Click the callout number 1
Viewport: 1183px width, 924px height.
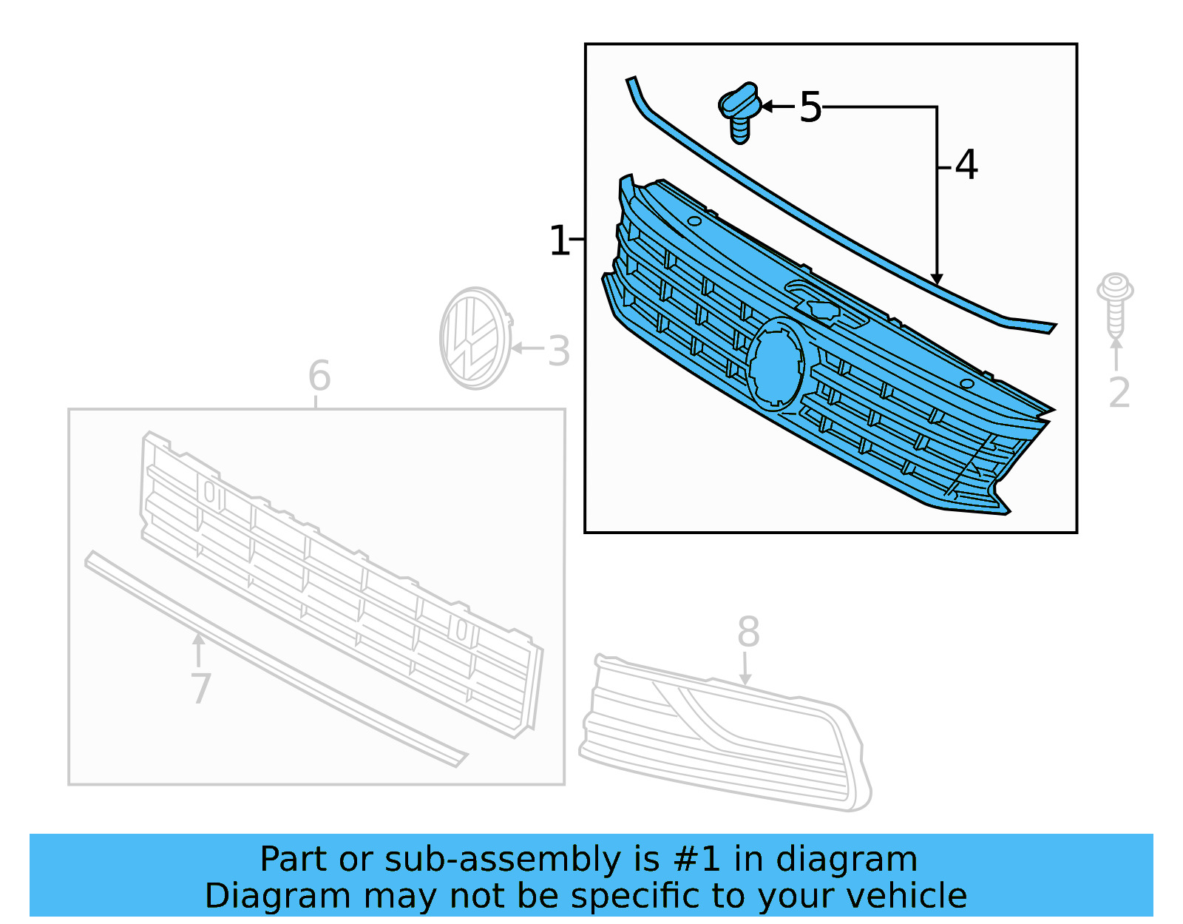coord(559,241)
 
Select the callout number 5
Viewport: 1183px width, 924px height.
coord(810,108)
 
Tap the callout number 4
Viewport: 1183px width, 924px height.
coord(966,165)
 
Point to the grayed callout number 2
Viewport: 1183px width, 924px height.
coord(1119,392)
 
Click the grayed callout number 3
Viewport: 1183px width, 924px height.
coord(559,351)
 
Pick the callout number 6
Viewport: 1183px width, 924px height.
coord(319,377)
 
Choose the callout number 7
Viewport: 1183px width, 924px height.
coord(200,689)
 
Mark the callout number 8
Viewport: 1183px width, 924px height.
coord(748,633)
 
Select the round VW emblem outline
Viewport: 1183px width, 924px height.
coord(475,339)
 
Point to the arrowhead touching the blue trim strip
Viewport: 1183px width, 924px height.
coord(937,280)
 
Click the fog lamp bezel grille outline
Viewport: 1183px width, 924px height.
coord(725,732)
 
